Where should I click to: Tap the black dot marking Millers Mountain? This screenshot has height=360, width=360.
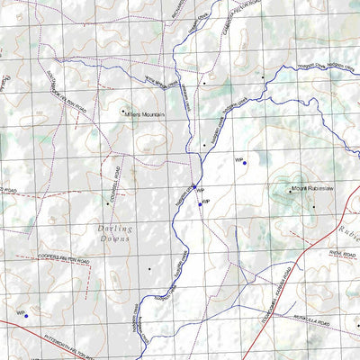pyautogui.click(x=123, y=112)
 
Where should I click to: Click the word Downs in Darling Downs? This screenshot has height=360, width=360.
pyautogui.click(x=117, y=240)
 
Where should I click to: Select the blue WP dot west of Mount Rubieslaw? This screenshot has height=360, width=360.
pyautogui.click(x=245, y=163)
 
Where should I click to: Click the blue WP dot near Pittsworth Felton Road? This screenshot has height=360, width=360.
pyautogui.click(x=26, y=316)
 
